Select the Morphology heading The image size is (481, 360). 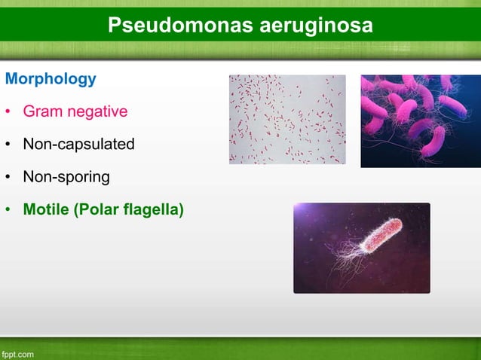[x=51, y=78]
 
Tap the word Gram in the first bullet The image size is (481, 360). [x=42, y=112]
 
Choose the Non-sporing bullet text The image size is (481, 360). [x=66, y=177]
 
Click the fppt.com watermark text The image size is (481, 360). [x=17, y=352]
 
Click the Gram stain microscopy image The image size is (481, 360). [x=287, y=119]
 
